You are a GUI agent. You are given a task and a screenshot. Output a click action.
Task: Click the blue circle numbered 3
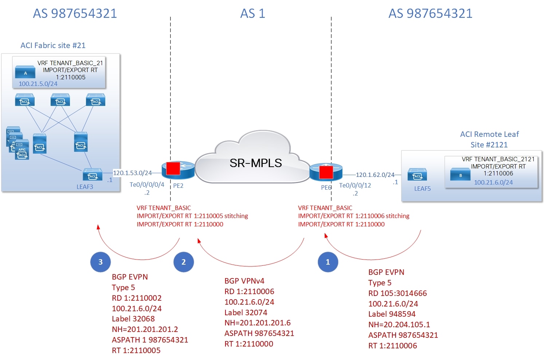point(101,262)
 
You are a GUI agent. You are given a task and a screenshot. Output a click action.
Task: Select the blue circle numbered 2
point(184,262)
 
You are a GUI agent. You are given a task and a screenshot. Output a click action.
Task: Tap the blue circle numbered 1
point(328,262)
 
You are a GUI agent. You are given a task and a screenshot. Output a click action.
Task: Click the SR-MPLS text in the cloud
point(255,163)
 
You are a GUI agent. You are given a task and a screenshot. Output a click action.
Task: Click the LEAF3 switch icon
point(93,175)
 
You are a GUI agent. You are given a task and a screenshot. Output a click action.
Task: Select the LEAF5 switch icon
point(417,175)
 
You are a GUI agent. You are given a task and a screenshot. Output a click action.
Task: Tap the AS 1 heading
point(252,13)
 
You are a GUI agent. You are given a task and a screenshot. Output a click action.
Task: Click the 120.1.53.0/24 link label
point(132,173)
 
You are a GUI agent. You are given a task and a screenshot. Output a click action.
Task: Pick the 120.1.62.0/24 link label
point(375,175)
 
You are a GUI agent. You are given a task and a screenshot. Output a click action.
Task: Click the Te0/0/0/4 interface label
point(147,185)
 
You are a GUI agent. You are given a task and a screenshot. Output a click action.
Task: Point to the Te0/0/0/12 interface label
point(355,185)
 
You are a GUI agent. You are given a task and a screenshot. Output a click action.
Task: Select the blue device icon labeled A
point(25,72)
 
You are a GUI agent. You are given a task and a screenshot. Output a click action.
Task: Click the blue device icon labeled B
point(460,175)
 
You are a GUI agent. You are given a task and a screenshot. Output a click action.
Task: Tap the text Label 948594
point(392,314)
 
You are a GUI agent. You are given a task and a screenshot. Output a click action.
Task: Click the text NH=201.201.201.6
point(257,323)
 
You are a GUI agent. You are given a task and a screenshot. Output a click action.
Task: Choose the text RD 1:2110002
point(137,298)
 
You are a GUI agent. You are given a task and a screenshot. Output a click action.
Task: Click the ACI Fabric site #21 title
point(53,46)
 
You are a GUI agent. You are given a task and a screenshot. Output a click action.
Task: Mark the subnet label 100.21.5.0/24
point(38,84)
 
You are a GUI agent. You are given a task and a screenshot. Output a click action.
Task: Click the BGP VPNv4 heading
point(244,281)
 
